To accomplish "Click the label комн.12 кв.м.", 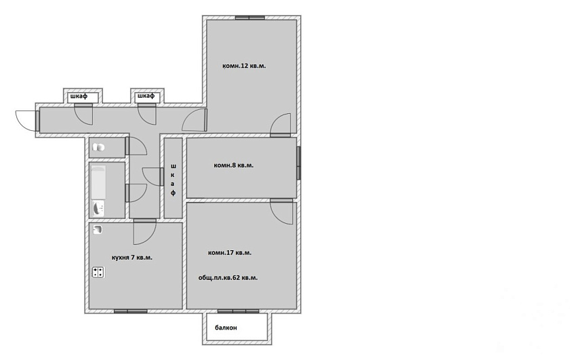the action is [x=244, y=66].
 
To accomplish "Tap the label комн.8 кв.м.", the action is [x=234, y=165].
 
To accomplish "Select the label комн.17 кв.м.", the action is [x=230, y=253].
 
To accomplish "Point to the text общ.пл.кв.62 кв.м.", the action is [x=228, y=278].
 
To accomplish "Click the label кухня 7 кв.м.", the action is [x=132, y=258].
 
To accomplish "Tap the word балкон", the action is [x=226, y=327].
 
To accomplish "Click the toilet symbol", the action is [x=98, y=147].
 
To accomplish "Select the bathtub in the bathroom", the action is [x=98, y=182].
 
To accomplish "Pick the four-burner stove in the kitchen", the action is [x=98, y=273].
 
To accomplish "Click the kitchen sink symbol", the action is [x=98, y=230].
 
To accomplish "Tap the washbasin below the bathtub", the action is [x=98, y=208].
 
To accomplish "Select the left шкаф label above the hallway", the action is [x=79, y=97].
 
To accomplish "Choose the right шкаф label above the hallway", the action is [x=146, y=96].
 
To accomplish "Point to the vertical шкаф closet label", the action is [x=173, y=179].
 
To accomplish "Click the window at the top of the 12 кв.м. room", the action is [x=250, y=17].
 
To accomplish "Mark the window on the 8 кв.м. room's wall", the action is [x=299, y=163].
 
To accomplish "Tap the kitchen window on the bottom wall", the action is [x=130, y=311].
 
